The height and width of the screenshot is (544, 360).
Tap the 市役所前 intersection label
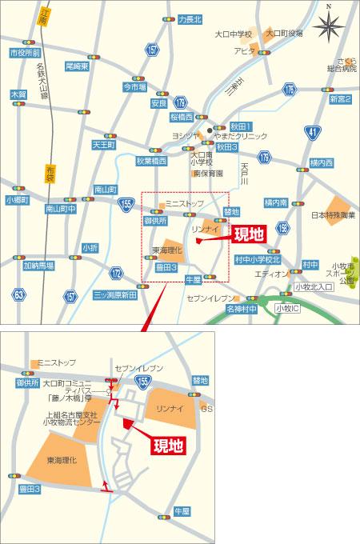point(25,52)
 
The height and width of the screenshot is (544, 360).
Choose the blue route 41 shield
point(310,130)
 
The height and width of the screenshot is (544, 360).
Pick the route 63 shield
point(18,295)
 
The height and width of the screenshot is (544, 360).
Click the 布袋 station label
point(49,170)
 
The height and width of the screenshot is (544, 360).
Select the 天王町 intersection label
point(104,146)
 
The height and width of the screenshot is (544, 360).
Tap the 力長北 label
point(190,18)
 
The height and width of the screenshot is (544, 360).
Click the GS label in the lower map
point(207,409)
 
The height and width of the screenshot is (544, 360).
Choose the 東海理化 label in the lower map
point(61,460)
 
